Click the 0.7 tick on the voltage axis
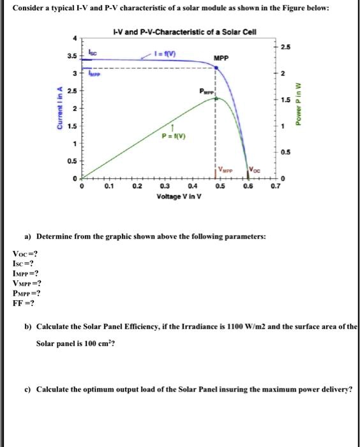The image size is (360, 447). (x=274, y=187)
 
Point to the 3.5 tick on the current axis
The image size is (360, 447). (x=71, y=56)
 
